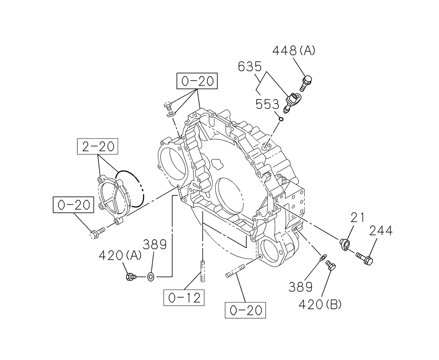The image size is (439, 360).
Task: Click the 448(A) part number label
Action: (294, 51)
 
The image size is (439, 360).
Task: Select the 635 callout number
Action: (250, 67)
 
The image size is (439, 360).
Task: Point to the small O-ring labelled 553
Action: (283, 118)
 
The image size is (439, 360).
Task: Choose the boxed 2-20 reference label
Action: (98, 146)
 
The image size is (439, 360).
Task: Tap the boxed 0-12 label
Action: (184, 298)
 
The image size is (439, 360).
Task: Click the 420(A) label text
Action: (120, 255)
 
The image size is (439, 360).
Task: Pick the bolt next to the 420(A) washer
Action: (130, 277)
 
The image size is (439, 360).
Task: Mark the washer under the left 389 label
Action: (150, 277)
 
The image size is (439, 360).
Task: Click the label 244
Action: (381, 230)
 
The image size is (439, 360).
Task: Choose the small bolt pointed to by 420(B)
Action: (331, 264)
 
